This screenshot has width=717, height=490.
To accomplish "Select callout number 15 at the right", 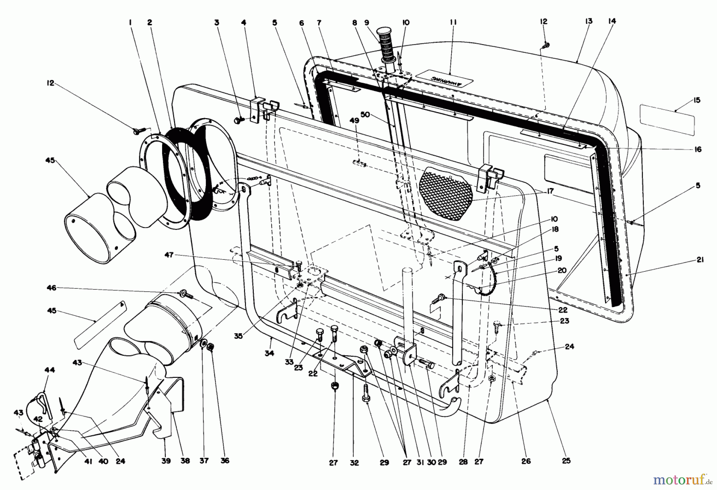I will [x=696, y=101].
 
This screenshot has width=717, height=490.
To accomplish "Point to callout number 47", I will [x=169, y=255].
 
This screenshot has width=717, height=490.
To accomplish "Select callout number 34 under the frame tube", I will [x=269, y=353].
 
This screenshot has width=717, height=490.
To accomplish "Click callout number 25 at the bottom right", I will [x=566, y=461].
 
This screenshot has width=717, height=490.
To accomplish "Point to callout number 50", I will [x=365, y=115].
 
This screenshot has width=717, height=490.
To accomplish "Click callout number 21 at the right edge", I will [x=700, y=260].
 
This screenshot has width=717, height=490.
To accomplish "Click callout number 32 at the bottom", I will [x=354, y=463].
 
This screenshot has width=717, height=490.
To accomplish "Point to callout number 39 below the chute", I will [x=166, y=461].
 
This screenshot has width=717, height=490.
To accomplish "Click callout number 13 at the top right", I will [x=589, y=21].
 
